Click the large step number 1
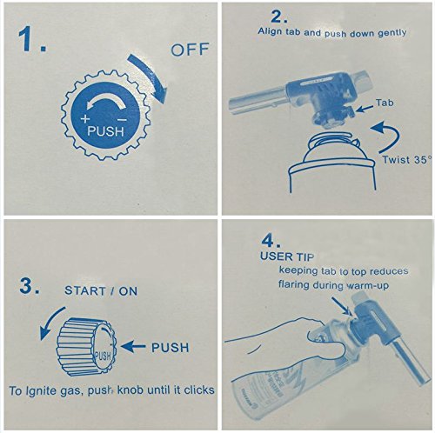click(31, 39)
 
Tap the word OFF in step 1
click(190, 50)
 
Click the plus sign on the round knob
click(85, 118)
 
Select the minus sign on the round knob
click(123, 120)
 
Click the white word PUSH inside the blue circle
click(105, 131)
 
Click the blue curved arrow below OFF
click(151, 77)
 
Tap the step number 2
click(278, 17)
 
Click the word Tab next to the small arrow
click(385, 103)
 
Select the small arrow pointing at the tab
click(365, 109)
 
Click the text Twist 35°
click(406, 160)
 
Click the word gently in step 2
click(391, 33)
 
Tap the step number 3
click(30, 285)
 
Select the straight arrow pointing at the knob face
click(133, 346)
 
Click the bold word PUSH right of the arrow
click(170, 348)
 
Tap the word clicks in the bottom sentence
click(199, 390)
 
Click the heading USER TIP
click(287, 256)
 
